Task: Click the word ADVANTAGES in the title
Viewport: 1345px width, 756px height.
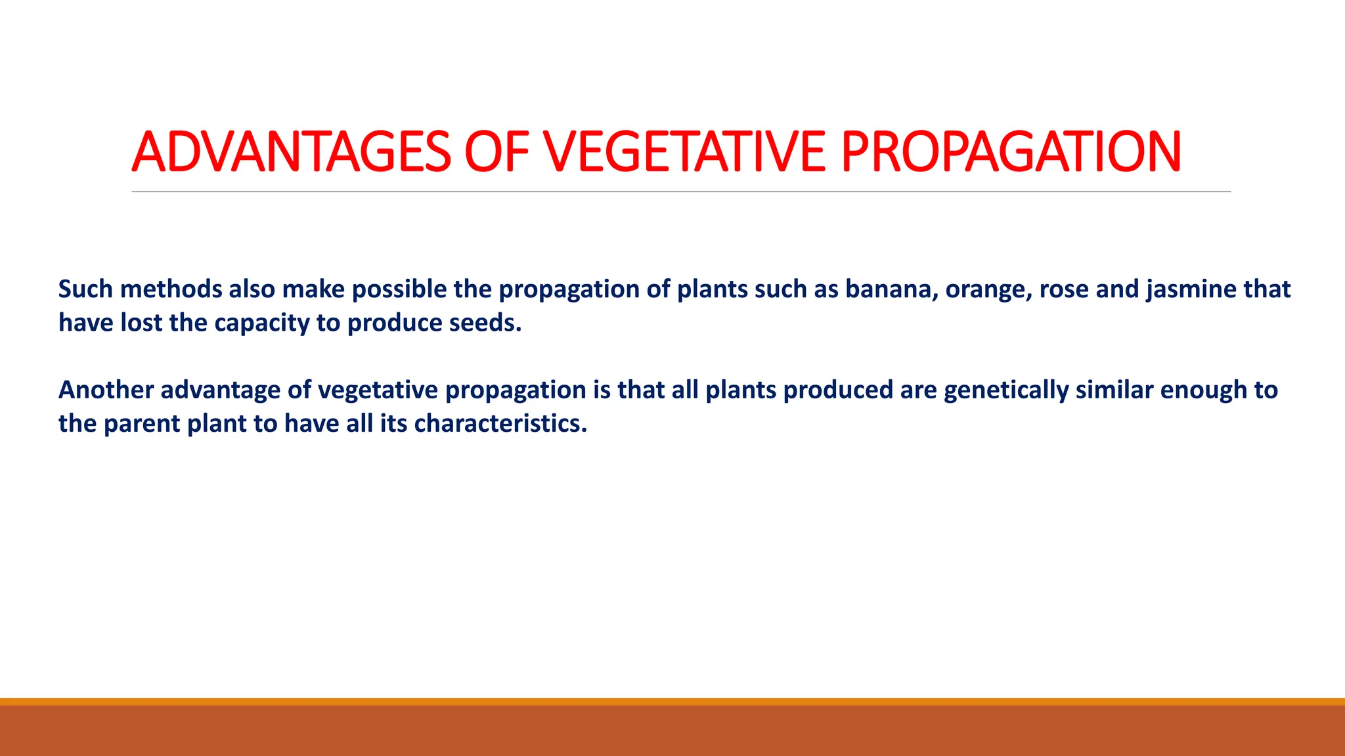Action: tap(291, 152)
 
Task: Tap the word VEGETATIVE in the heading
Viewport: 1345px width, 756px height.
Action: tap(684, 152)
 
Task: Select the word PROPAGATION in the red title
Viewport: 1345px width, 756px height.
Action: tap(1011, 152)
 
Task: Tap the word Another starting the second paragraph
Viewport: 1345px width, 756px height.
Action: tap(106, 390)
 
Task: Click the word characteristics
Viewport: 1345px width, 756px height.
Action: tap(500, 423)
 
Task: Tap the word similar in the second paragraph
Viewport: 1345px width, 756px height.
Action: tap(1114, 390)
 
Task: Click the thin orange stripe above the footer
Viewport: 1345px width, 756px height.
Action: tap(672, 702)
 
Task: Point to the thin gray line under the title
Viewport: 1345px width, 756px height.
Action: tap(680, 192)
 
